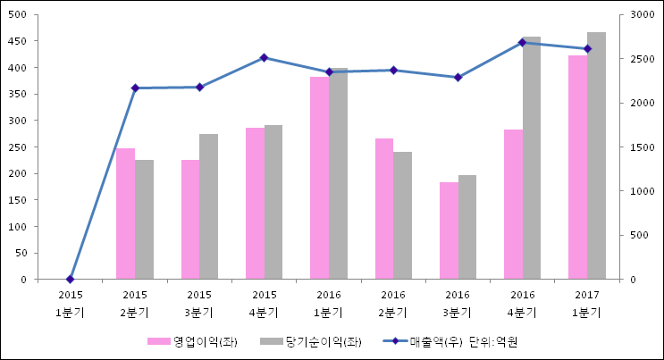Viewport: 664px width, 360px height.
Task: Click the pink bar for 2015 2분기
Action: pos(125,214)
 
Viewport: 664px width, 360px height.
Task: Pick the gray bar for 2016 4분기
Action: pos(531,158)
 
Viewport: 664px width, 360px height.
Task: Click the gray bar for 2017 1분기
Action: pos(596,156)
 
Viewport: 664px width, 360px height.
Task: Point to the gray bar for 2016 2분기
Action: pos(402,216)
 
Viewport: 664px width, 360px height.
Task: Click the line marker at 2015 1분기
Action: pos(71,280)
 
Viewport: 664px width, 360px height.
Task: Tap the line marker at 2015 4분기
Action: pos(264,58)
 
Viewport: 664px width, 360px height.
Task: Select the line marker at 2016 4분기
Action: pos(522,42)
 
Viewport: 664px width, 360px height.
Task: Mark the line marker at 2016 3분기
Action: pos(458,78)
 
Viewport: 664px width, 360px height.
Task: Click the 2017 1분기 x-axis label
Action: pos(586,304)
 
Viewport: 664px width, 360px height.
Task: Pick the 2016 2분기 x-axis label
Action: pos(393,304)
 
